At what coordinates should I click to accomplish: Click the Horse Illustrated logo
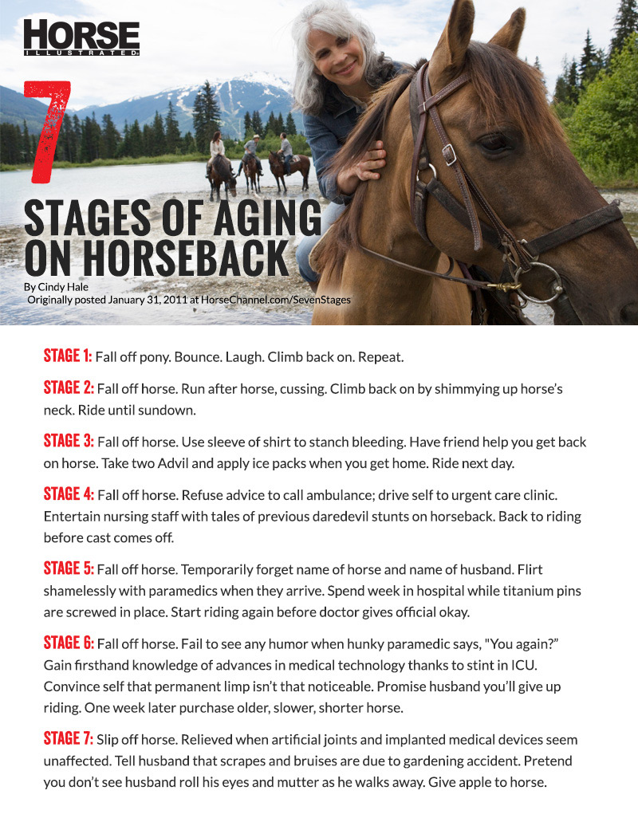tap(81, 37)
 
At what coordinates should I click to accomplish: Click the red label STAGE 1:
tap(68, 356)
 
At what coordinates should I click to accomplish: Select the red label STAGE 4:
tap(69, 494)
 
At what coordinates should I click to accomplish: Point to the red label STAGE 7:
tap(69, 739)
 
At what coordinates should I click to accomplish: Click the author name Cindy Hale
tap(68, 286)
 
